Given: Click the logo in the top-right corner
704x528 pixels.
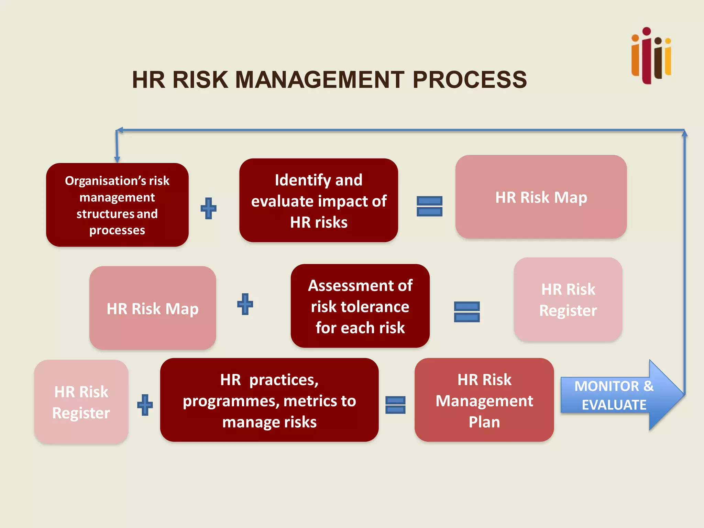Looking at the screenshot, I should pos(651,56).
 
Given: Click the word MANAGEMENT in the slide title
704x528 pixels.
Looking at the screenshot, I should pos(319,80).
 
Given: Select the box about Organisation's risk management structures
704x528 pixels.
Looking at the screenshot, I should pos(117,205).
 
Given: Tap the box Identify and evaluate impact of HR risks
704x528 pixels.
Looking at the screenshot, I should pos(319,201).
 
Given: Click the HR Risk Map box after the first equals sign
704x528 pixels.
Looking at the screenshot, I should pos(541,197).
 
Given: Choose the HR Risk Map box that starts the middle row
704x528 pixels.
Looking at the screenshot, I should pos(153,308).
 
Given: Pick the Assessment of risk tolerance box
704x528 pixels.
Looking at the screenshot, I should pos(360,306).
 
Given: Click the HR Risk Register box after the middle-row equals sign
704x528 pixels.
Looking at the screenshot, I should pos(568,299).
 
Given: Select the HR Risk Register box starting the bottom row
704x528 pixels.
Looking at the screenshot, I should pos(81,402).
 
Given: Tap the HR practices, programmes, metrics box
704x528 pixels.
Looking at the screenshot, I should pos(269,400).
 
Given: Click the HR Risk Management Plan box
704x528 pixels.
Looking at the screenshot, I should pos(484,400).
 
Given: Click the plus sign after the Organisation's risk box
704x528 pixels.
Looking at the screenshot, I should pos(209,208).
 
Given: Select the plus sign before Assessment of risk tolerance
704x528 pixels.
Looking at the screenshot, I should pos(245,304).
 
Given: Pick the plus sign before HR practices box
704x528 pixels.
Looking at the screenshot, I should pos(145,405).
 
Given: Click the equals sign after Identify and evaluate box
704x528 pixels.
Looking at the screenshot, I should pos(429,206).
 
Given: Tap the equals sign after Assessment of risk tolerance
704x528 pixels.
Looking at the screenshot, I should pos(466,312).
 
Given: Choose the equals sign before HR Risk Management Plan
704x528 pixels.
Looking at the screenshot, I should pos(395,405).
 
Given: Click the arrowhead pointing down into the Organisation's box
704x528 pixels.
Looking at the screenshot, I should pos(117,159).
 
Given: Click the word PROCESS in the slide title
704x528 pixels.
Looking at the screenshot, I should pos(470,80).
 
